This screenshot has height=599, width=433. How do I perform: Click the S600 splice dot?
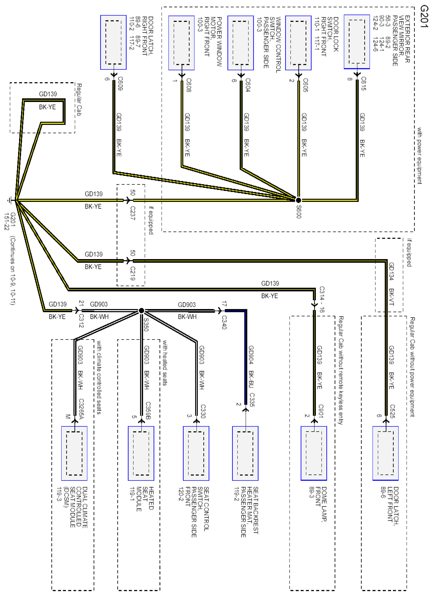click(298, 200)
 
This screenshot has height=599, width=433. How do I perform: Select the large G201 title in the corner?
click(424, 16)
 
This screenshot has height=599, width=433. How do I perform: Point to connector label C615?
click(363, 83)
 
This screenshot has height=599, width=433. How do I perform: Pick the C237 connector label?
click(133, 213)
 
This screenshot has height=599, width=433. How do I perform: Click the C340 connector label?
click(224, 322)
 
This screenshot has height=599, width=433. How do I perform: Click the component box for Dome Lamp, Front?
click(314, 453)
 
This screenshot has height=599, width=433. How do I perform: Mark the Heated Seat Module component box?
click(141, 453)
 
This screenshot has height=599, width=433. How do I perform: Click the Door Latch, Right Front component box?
click(113, 42)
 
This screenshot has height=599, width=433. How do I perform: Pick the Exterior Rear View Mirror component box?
click(357, 42)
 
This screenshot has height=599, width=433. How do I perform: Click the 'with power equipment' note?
click(419, 156)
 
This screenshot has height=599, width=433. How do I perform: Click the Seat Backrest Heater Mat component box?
click(245, 453)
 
